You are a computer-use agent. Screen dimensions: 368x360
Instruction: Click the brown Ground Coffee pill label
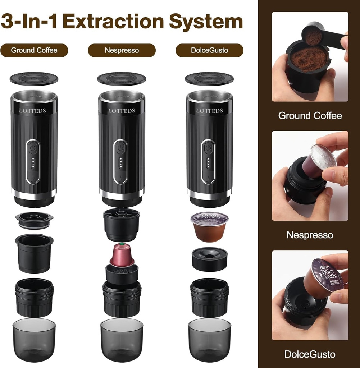pos(34,50)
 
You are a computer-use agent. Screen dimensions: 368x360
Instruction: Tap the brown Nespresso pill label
pos(122,50)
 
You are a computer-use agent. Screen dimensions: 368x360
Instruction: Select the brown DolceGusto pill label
pos(209,50)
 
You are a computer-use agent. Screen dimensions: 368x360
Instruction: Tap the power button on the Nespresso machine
pos(120,148)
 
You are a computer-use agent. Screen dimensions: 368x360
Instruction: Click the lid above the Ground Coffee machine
pos(34,79)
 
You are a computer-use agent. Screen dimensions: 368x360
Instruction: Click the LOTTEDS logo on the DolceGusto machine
pos(209,111)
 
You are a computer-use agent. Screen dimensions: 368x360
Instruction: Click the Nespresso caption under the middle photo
pos(310,235)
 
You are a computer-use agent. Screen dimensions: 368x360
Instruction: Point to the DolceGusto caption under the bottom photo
pos(310,354)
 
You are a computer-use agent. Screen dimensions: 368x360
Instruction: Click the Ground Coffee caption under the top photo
pos(310,116)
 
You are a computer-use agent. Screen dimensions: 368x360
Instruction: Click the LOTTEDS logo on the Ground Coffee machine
pos(32,111)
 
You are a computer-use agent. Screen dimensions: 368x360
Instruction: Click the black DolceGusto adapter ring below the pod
pos(209,259)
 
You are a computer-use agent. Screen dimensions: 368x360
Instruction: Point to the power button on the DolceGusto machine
pos(208,148)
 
